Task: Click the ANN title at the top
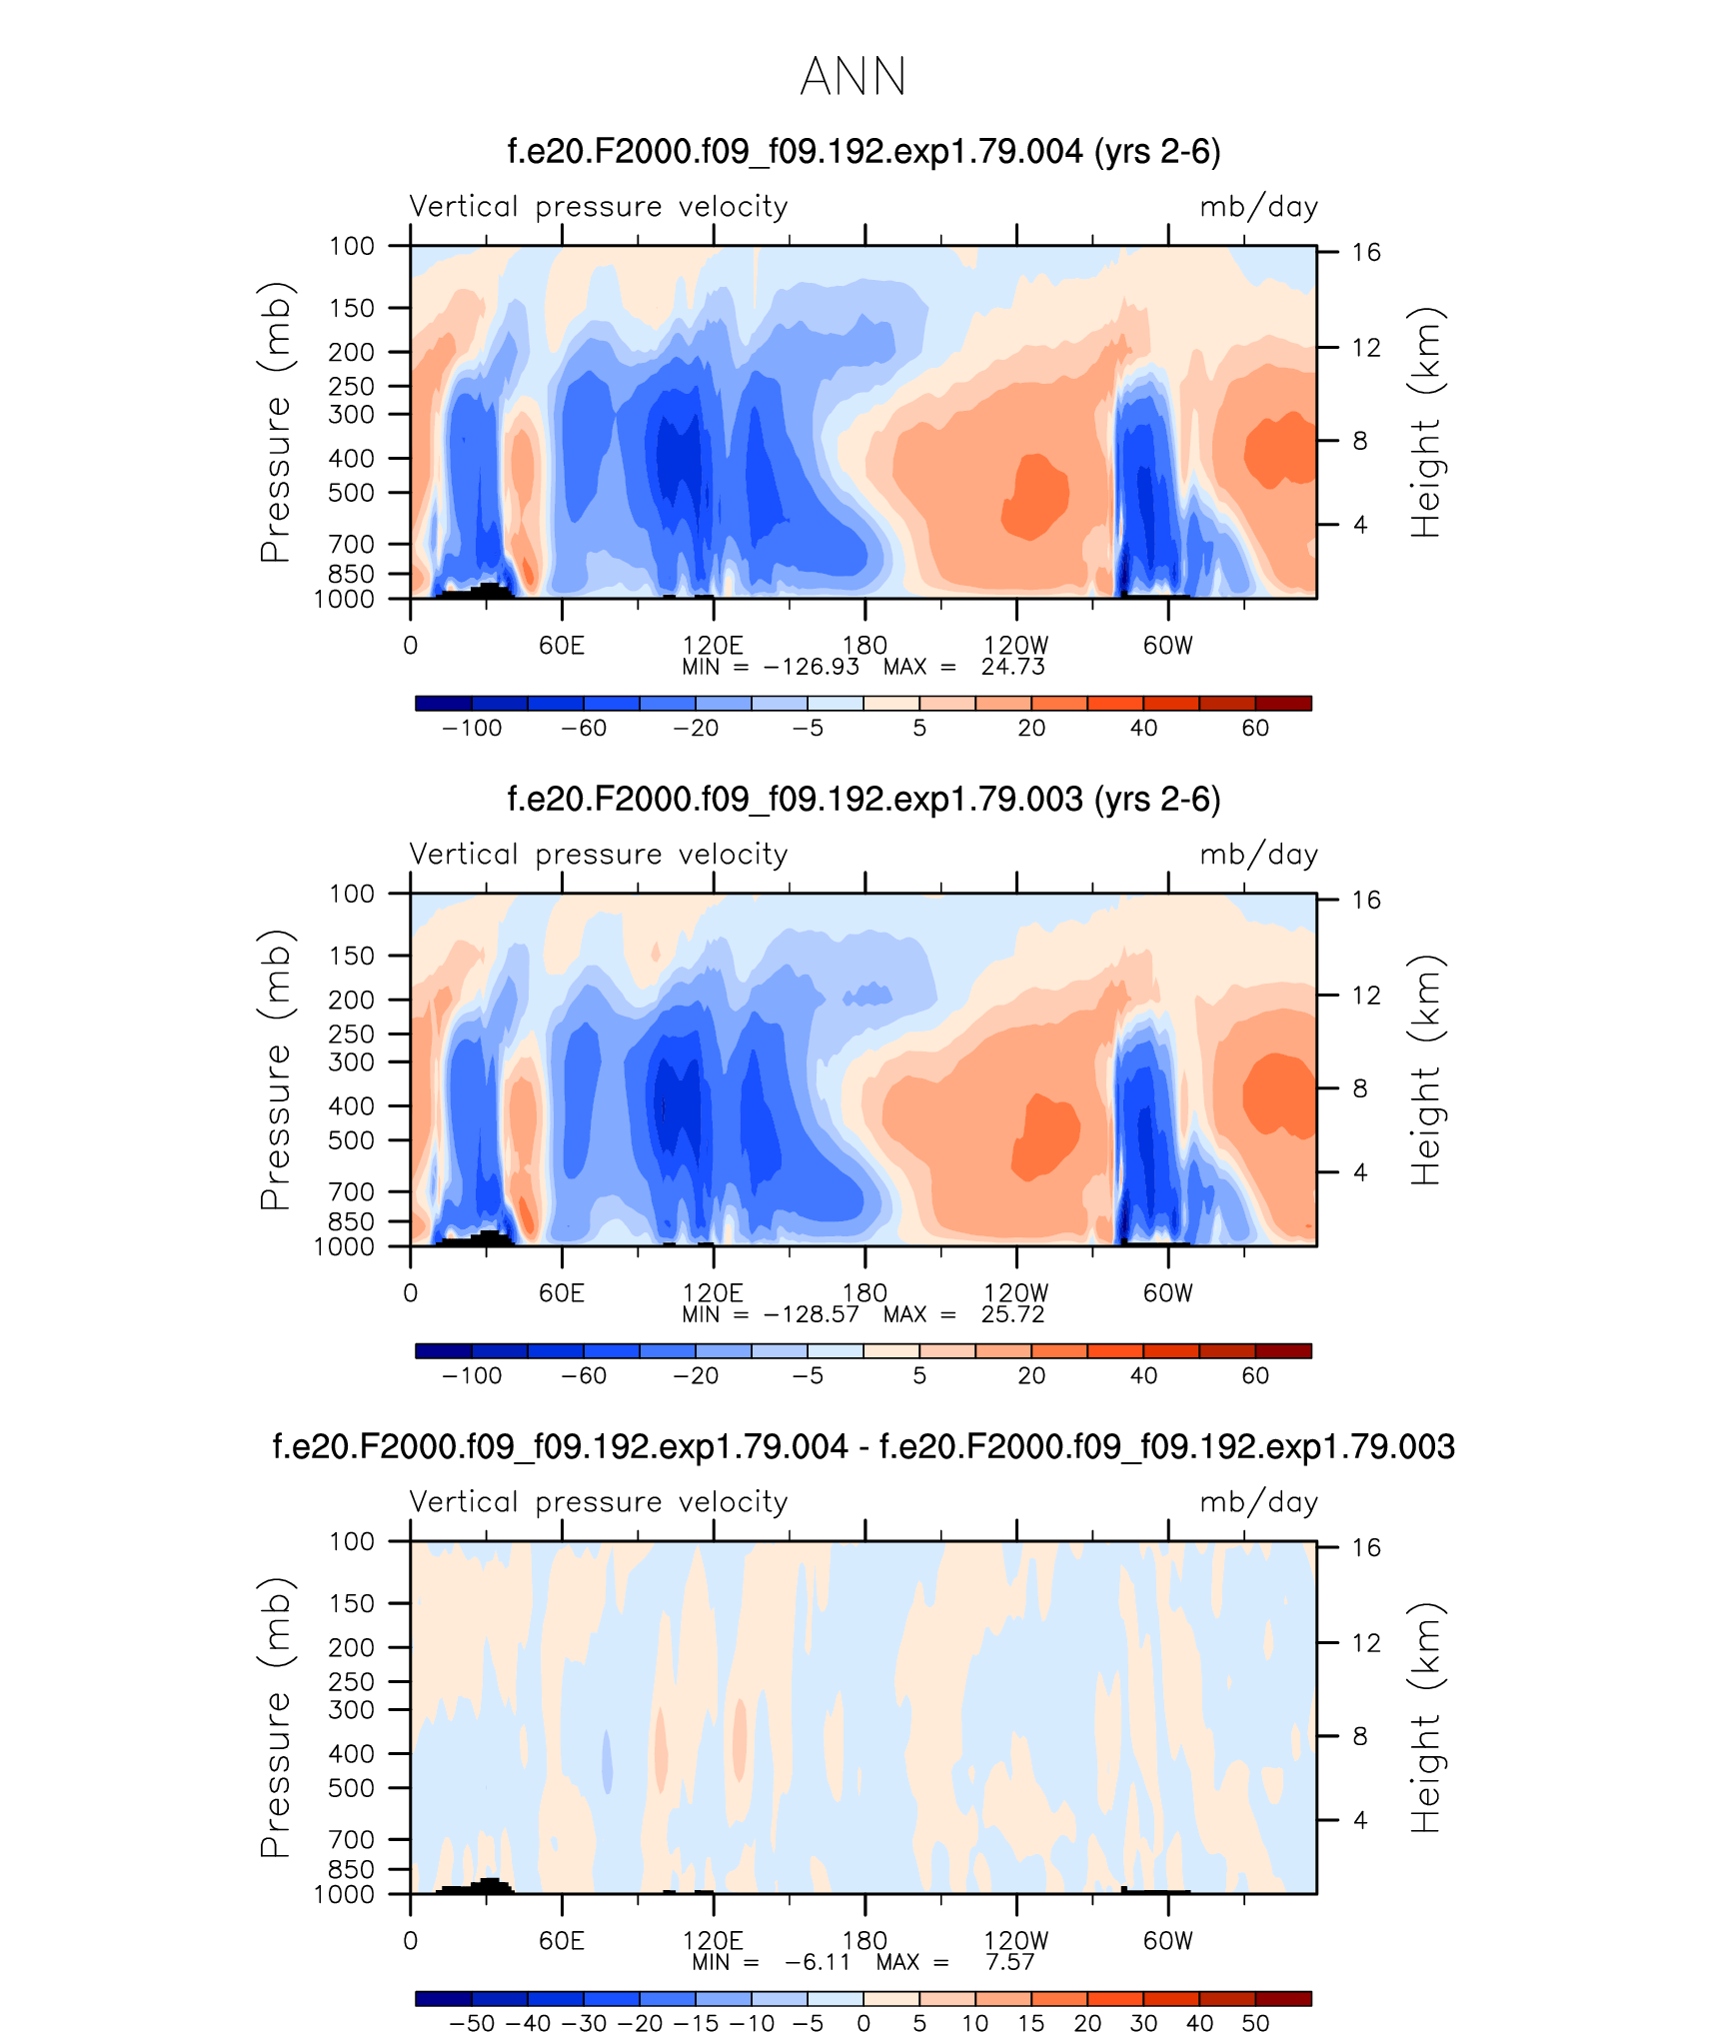click(854, 76)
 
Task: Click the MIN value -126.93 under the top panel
click(811, 667)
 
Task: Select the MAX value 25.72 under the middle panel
click(1012, 1314)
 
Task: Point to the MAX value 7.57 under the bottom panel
click(1009, 1962)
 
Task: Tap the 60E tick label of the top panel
click(561, 646)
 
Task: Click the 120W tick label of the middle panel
click(1015, 1293)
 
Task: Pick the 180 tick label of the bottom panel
click(864, 1941)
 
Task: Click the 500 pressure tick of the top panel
click(351, 493)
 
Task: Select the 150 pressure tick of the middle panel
click(351, 956)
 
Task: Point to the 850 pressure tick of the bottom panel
click(351, 1869)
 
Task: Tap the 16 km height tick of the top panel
click(1366, 252)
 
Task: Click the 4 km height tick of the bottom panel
click(1360, 1820)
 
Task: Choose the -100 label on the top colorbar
click(472, 728)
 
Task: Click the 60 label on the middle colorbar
click(1255, 1375)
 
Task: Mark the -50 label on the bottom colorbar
click(472, 2023)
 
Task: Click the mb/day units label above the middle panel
click(1258, 855)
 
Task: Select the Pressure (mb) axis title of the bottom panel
click(276, 1717)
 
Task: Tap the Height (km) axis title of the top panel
click(1426, 423)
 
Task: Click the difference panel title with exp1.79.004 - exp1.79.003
click(863, 1446)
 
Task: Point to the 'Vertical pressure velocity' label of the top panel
click(599, 207)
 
